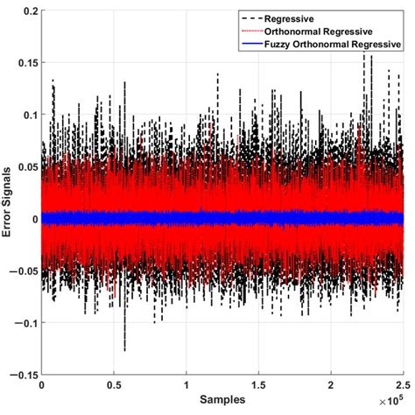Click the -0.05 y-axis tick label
[x=23, y=271]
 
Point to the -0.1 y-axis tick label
[x=25, y=323]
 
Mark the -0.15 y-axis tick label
[x=23, y=375]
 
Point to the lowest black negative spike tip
[x=124, y=350]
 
